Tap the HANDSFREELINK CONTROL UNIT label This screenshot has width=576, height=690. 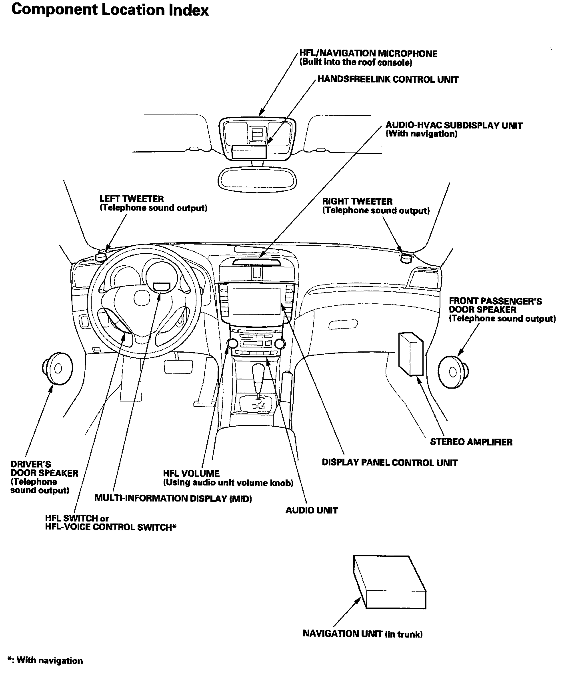(388, 79)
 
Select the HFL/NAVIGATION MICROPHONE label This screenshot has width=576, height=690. (368, 54)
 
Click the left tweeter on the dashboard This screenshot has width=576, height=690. (101, 256)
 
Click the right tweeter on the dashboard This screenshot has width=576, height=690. (406, 258)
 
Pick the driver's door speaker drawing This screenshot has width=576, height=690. (57, 369)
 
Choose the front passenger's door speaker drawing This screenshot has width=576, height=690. (453, 372)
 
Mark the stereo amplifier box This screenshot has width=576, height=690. (410, 353)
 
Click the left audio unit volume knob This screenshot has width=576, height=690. (232, 343)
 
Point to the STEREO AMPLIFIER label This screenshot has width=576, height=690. (471, 442)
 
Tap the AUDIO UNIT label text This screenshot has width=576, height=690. (311, 510)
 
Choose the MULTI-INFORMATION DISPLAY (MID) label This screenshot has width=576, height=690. (173, 498)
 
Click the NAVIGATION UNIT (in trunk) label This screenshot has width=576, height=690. (362, 634)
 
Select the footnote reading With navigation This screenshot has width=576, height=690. (45, 661)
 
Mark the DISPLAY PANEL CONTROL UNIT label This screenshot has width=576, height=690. (390, 463)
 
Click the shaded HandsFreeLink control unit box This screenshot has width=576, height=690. (249, 152)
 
